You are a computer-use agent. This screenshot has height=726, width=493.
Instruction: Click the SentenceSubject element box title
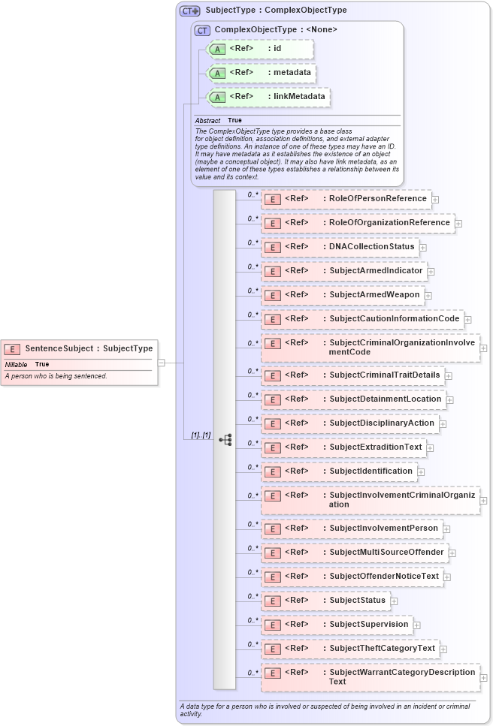[89, 348]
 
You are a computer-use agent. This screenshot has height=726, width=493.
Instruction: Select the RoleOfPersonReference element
[378, 199]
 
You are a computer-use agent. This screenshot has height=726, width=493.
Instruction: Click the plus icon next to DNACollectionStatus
[423, 247]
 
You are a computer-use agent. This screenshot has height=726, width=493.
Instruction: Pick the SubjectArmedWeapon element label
[374, 295]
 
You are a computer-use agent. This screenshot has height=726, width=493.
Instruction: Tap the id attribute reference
[277, 49]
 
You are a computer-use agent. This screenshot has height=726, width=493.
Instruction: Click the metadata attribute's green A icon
[217, 74]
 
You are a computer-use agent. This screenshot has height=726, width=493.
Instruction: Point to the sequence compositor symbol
[225, 440]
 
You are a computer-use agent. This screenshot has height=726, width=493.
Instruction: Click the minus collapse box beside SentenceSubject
[162, 363]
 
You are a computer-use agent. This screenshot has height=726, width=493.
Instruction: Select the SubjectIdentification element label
[371, 471]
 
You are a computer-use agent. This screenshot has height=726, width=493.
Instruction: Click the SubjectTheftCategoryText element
[382, 648]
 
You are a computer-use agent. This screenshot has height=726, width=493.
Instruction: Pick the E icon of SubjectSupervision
[274, 625]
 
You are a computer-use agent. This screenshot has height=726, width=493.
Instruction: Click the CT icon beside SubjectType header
[189, 11]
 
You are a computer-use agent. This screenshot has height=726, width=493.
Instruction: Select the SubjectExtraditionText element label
[376, 447]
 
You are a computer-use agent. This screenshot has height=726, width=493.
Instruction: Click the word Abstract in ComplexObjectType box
[207, 121]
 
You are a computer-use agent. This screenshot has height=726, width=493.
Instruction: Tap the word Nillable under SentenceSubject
[16, 364]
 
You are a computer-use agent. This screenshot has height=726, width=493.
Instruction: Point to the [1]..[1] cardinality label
[200, 435]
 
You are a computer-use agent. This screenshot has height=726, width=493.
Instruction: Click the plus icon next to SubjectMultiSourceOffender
[452, 553]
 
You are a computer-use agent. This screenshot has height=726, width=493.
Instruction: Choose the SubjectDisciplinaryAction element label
[382, 423]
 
